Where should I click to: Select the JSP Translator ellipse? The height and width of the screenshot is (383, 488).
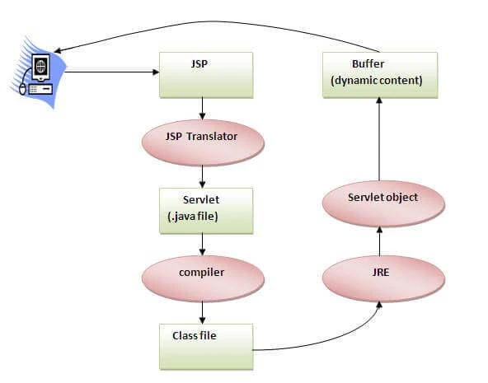point(202,142)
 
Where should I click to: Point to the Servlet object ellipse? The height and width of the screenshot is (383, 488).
point(380,203)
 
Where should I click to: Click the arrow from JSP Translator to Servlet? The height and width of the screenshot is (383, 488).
point(202,175)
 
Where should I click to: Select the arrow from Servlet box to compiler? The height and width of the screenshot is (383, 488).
point(202,244)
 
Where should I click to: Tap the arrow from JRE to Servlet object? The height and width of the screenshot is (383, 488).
point(380,241)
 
